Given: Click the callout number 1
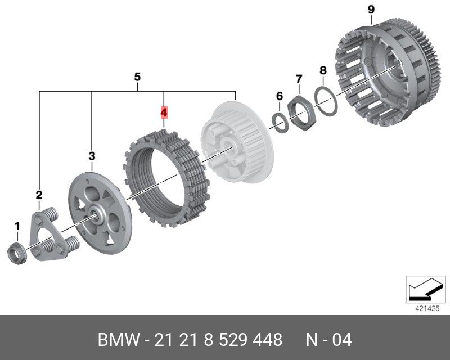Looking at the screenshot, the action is coord(17,227).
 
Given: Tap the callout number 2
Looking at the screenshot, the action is coord(39,195).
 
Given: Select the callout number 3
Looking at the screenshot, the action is coord(92,156).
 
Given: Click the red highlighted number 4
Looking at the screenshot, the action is coord(164,112).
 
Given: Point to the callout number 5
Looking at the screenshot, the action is coord(137,77).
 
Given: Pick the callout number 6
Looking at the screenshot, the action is coord(280,96).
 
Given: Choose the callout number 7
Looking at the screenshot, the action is coord(299,79).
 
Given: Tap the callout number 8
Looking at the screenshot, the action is coord(323,70).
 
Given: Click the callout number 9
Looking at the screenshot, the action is coord(371,10).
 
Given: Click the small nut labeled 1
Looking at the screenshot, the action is coord(17,254).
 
